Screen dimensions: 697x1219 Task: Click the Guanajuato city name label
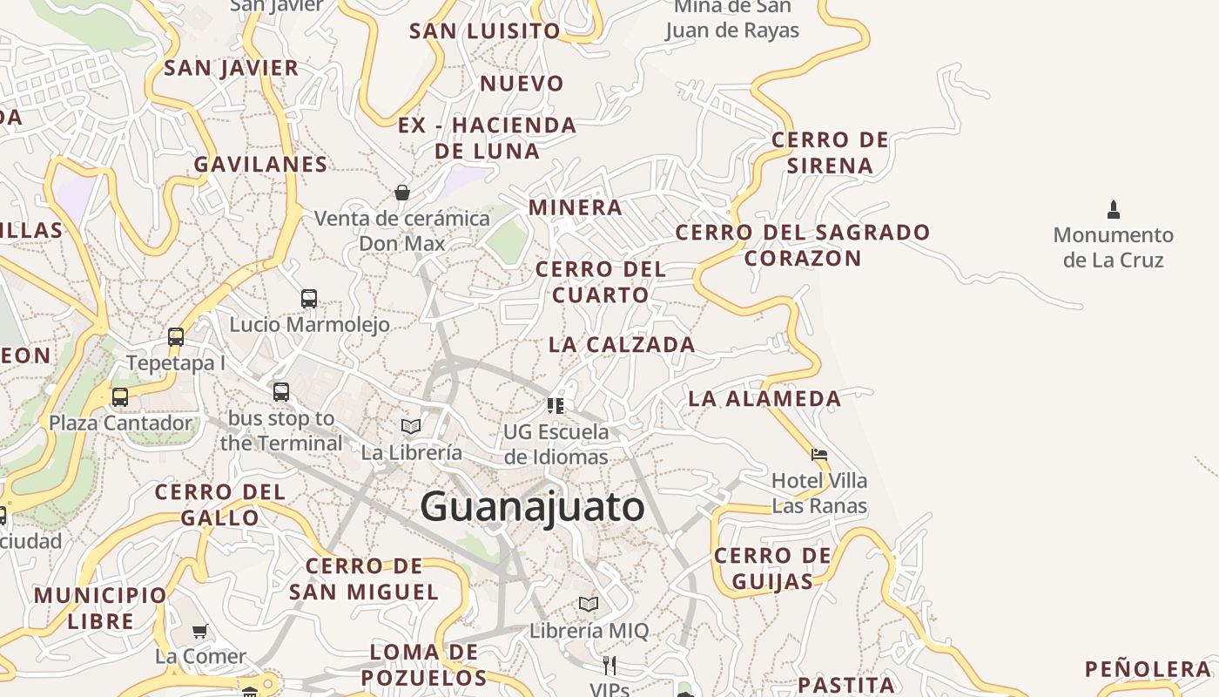[x=532, y=507]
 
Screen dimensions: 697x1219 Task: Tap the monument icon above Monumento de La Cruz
[x=1113, y=209]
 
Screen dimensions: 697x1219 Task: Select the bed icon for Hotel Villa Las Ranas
[x=818, y=454]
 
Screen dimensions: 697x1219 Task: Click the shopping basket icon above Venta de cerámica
[x=402, y=192]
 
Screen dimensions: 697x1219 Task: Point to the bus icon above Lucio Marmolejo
[x=308, y=299]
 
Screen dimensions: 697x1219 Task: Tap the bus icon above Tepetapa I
[x=176, y=337]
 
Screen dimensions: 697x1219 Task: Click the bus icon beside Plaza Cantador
[x=120, y=397]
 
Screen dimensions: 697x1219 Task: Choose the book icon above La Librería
[x=411, y=426]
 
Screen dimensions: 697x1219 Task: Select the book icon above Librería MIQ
[x=589, y=604]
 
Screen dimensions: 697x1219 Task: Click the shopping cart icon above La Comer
[x=200, y=631]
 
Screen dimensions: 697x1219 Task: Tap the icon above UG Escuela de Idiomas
[x=556, y=405]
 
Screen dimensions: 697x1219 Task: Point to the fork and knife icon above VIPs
[x=609, y=666]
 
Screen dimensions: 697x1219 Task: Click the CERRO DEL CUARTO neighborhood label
[x=601, y=282]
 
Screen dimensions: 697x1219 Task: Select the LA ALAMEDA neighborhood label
[x=764, y=399]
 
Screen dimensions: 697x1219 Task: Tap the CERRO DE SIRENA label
[x=830, y=152]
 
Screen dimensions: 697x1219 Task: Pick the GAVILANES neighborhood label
[x=260, y=165]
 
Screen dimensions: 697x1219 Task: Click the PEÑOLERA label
[x=1148, y=669]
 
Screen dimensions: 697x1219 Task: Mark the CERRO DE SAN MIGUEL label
[x=364, y=579]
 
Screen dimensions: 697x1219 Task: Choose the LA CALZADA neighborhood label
[x=622, y=345]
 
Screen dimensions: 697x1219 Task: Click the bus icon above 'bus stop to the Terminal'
[x=280, y=392]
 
